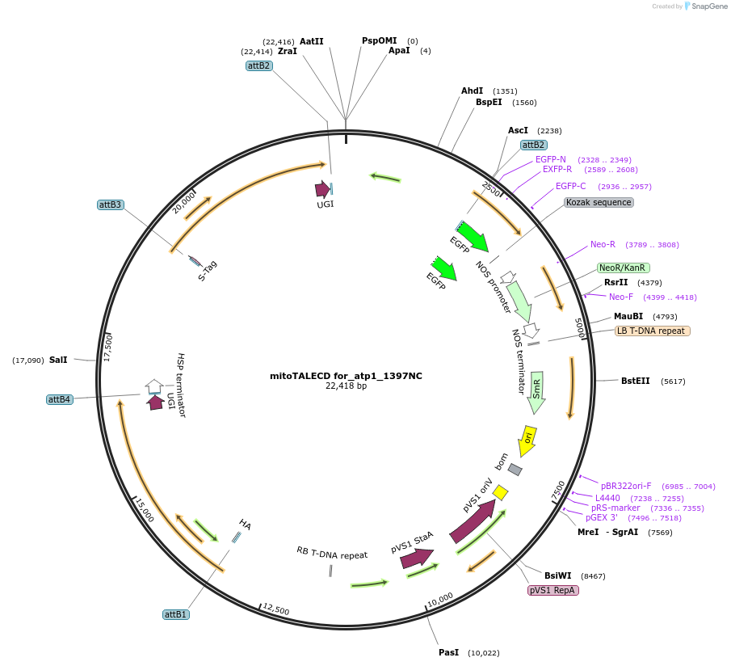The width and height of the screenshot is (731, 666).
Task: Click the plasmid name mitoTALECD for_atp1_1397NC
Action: (x=346, y=376)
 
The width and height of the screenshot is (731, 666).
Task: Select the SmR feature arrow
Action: (x=536, y=392)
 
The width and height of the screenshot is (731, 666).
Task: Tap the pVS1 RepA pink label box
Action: (x=553, y=591)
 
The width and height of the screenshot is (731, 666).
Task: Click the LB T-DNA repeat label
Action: (x=652, y=331)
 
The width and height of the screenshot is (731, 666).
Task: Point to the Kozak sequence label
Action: (x=599, y=202)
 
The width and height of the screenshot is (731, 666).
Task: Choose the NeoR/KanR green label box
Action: (x=623, y=268)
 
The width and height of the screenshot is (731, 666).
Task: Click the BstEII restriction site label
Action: (x=635, y=381)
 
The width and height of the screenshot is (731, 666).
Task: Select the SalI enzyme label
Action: (x=58, y=360)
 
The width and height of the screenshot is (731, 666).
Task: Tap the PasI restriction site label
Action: (x=448, y=652)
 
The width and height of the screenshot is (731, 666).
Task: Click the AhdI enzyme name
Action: (x=472, y=91)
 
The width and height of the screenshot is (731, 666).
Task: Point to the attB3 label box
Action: (x=110, y=204)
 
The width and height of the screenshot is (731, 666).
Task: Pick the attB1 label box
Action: (x=175, y=614)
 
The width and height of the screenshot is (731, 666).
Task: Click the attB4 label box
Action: (x=60, y=399)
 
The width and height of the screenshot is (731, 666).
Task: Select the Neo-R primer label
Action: (x=603, y=244)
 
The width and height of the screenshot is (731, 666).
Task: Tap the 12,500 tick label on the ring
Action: (x=276, y=609)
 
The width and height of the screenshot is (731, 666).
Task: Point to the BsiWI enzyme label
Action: (x=557, y=575)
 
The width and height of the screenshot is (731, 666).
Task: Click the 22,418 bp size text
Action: (x=346, y=386)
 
